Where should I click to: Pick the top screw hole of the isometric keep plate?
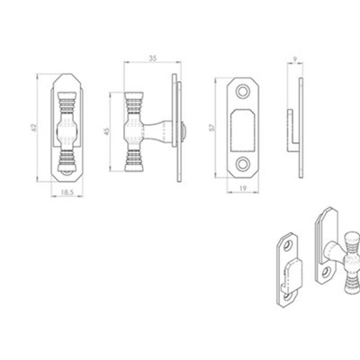(x=287, y=243)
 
